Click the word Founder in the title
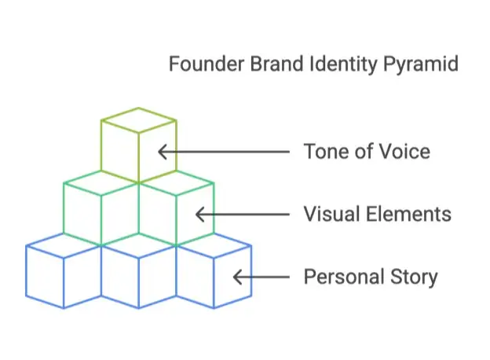(207, 64)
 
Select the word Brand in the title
(276, 64)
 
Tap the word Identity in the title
(343, 65)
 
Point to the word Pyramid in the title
(420, 65)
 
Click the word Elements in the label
(408, 215)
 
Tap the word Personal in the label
(343, 277)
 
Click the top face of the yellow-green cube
(139, 120)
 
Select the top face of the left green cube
(101, 183)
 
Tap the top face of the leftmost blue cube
(64, 246)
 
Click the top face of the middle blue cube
(139, 246)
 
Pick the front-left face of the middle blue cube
(120, 277)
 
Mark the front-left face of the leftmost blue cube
(45, 277)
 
